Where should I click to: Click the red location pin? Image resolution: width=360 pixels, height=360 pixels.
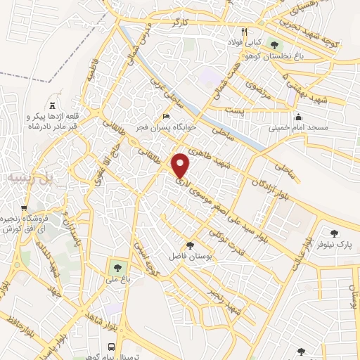coord(181,165)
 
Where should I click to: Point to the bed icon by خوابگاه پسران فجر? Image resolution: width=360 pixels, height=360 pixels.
coord(166,117)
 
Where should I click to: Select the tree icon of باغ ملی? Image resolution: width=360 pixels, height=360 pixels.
coord(115,266)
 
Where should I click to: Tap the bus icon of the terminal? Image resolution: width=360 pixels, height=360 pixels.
coord(112,347)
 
